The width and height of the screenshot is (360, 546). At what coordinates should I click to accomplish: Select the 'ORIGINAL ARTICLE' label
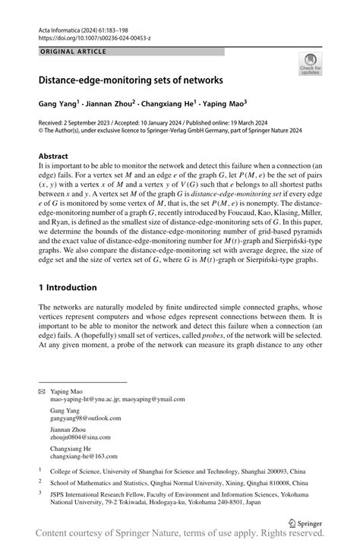[x=73, y=52]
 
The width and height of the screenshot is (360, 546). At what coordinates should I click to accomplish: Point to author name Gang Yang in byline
[x=60, y=101]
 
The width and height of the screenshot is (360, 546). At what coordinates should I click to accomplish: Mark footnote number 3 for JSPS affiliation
[x=40, y=492]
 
